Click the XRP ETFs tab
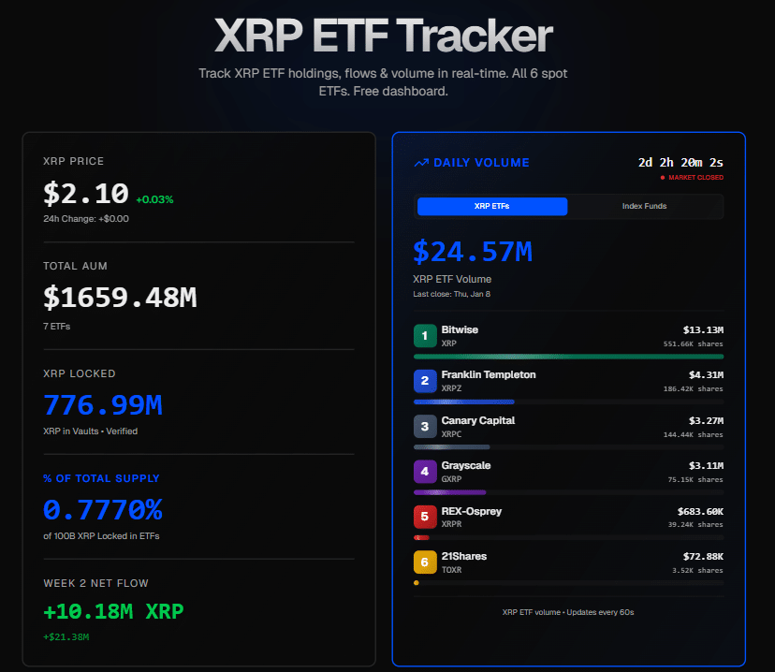click(x=491, y=206)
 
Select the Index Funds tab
click(x=644, y=206)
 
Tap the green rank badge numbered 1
click(x=425, y=335)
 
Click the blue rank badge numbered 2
click(x=425, y=381)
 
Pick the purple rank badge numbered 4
click(x=425, y=472)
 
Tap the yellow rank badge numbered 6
click(x=425, y=562)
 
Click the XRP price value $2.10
click(x=86, y=194)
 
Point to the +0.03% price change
click(x=154, y=199)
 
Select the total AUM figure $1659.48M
click(x=120, y=298)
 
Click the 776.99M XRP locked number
click(x=103, y=405)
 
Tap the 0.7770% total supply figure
click(x=103, y=510)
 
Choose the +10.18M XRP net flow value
click(x=113, y=612)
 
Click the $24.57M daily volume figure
click(x=473, y=251)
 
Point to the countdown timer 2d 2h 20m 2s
click(x=680, y=162)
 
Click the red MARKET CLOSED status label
click(x=695, y=177)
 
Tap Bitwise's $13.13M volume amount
click(x=703, y=329)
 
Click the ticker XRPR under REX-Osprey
click(x=452, y=524)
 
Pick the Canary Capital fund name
click(x=478, y=420)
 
